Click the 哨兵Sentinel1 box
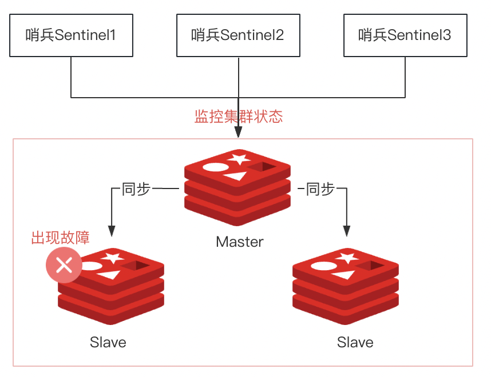pos(71,35)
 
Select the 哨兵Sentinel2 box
pos(238,35)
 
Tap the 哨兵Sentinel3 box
pos(405,35)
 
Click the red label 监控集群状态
pos(239,117)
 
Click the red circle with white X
pos(64,265)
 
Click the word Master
pos(240,242)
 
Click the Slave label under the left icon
pos(108,342)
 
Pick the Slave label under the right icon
pos(355,342)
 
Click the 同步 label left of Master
pos(136,189)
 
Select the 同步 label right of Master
pos(320,189)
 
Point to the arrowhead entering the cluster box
pos(238,132)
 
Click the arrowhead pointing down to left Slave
pos(112,231)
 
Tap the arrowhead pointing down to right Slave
pos(346,231)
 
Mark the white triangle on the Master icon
pos(235,176)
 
